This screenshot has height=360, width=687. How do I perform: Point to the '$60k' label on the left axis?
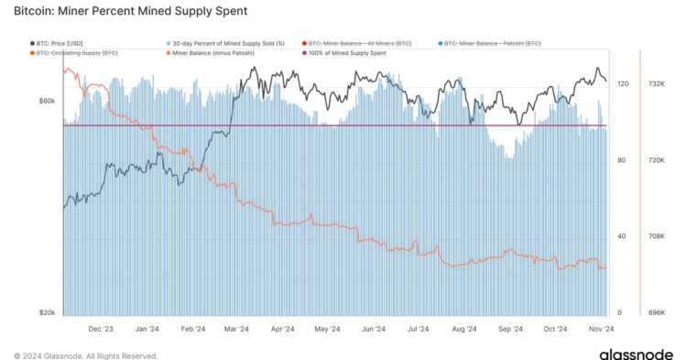click(x=47, y=101)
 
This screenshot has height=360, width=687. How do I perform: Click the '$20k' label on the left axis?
click(x=47, y=313)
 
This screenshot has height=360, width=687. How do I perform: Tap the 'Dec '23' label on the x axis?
click(x=101, y=328)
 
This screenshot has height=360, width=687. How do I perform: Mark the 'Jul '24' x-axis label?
click(x=419, y=328)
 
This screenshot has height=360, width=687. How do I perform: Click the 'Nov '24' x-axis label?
click(x=599, y=328)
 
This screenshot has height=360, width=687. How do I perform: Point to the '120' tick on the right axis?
click(x=624, y=84)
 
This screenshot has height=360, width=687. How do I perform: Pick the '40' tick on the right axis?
click(x=622, y=236)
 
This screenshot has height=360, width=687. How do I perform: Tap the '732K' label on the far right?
click(x=656, y=84)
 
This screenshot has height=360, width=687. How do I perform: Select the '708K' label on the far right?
click(x=656, y=236)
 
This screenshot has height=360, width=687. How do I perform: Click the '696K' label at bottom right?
click(x=656, y=313)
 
